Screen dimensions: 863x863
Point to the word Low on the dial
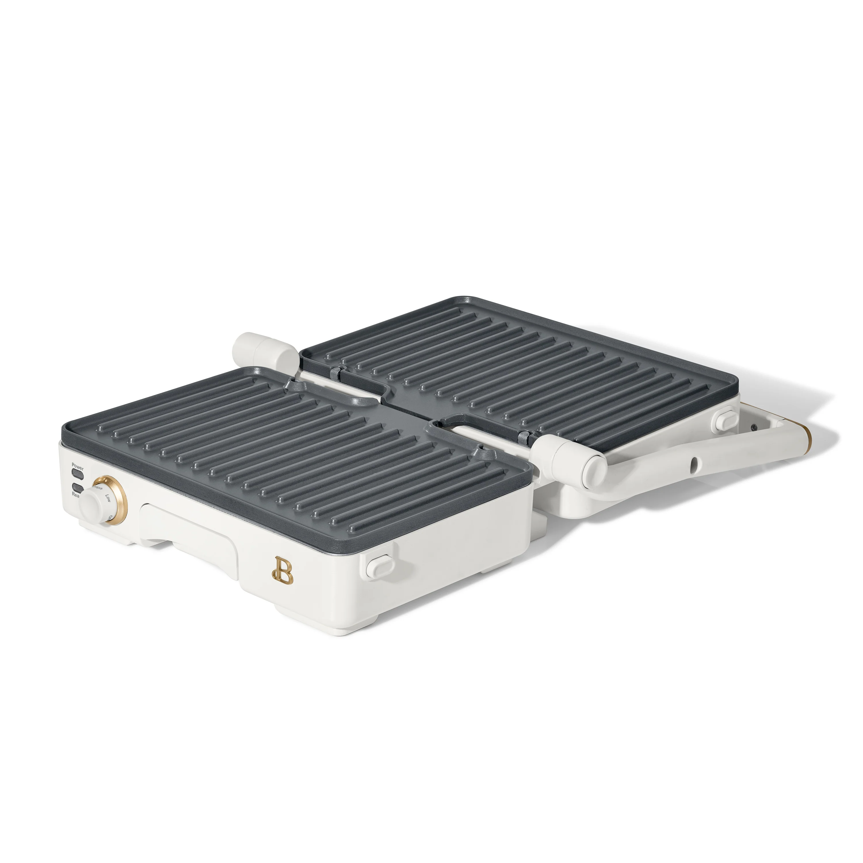108,498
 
